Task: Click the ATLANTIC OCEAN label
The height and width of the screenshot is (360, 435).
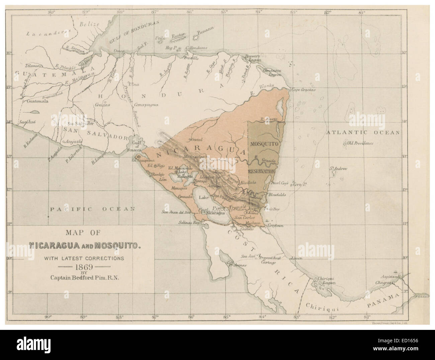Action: (363, 132)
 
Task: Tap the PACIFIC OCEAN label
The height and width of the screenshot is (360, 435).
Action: (92, 209)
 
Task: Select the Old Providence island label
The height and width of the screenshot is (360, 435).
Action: (360, 143)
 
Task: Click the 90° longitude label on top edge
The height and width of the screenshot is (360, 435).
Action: (52, 13)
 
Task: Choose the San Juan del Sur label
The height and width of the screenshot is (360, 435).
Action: (176, 212)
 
